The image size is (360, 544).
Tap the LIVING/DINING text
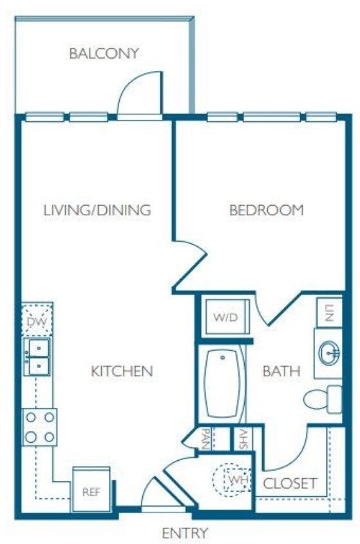(97, 210)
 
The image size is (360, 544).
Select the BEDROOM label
(266, 210)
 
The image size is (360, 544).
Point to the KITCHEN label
(122, 371)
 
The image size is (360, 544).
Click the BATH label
(281, 371)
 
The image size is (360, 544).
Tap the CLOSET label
(290, 483)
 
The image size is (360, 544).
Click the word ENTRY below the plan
(185, 533)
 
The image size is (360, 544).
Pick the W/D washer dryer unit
(225, 318)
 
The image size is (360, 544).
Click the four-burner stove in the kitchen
(39, 427)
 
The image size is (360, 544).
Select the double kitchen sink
(37, 357)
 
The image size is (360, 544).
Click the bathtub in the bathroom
(223, 384)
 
